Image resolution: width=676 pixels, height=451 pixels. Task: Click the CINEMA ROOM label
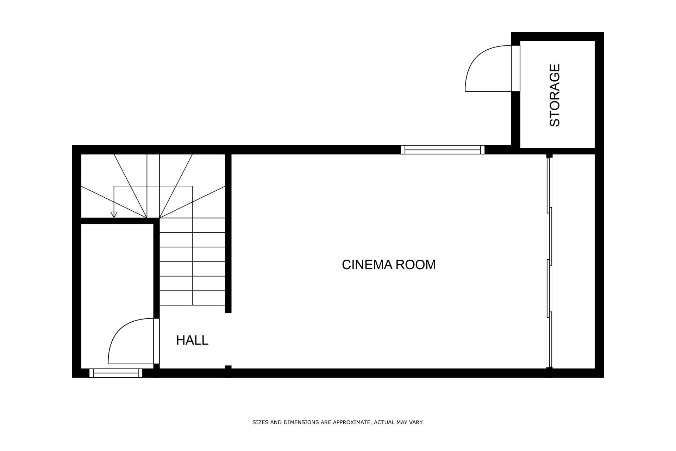tap(389, 265)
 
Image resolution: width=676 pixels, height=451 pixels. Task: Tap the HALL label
tap(192, 340)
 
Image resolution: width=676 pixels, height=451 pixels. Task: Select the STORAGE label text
tap(555, 95)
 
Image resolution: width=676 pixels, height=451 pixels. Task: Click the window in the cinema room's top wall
tap(443, 150)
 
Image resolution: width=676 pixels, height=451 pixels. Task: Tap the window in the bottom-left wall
tap(116, 373)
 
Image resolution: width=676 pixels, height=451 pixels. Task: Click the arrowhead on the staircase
tap(114, 214)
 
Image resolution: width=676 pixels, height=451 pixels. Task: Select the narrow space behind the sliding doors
tap(574, 261)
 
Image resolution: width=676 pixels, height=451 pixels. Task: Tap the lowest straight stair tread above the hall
tap(192, 298)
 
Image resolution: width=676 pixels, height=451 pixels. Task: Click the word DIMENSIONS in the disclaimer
tap(299, 422)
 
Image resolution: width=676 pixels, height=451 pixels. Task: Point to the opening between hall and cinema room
tap(228, 339)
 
